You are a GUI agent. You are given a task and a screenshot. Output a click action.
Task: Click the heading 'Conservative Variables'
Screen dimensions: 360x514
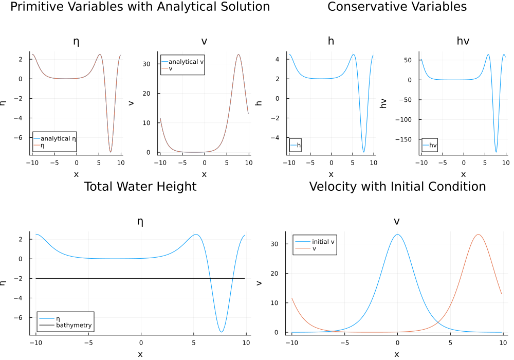click(397, 7)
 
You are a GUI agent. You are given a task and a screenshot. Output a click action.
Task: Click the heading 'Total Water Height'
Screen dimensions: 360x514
click(140, 186)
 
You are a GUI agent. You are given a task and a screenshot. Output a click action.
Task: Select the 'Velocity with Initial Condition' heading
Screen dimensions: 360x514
click(397, 186)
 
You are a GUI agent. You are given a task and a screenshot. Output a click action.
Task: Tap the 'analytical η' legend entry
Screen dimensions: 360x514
click(58, 138)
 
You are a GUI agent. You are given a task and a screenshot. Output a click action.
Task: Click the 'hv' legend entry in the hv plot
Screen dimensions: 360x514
click(433, 146)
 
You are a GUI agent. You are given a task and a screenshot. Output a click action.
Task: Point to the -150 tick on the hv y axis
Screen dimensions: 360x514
click(407, 139)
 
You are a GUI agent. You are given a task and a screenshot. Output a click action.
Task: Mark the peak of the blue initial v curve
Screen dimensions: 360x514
click(397, 235)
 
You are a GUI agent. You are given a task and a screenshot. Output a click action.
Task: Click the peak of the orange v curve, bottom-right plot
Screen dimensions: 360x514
click(478, 235)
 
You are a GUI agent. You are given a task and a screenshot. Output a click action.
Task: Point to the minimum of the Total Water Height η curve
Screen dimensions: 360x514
click(221, 332)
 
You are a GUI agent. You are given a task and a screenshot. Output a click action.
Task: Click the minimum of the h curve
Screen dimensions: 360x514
click(363, 152)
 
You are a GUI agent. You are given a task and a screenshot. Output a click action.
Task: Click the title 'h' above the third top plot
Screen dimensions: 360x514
click(331, 41)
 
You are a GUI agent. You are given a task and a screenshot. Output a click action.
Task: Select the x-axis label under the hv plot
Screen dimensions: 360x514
click(463, 174)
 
